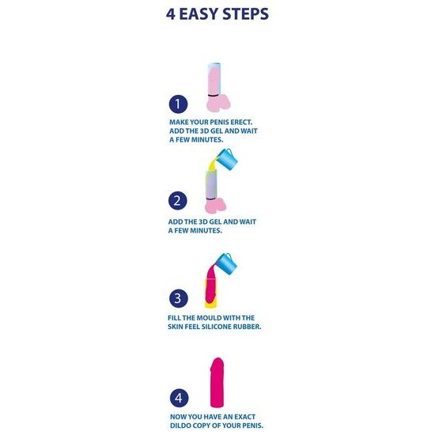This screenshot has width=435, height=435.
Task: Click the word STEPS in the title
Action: coord(245,14)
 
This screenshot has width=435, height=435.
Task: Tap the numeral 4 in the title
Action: coord(171,14)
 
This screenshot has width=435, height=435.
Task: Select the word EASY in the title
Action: coord(199,14)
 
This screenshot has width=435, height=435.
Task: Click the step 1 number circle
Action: coord(178,104)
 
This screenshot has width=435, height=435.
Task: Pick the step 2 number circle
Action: coord(177,201)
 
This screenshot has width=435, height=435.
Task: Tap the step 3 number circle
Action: coord(179,298)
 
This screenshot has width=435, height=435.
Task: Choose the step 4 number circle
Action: coord(179,398)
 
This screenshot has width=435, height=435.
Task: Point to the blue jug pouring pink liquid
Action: coord(226,263)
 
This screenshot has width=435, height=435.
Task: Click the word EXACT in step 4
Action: coord(245,417)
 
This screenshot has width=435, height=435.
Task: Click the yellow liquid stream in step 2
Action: coord(213,165)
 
